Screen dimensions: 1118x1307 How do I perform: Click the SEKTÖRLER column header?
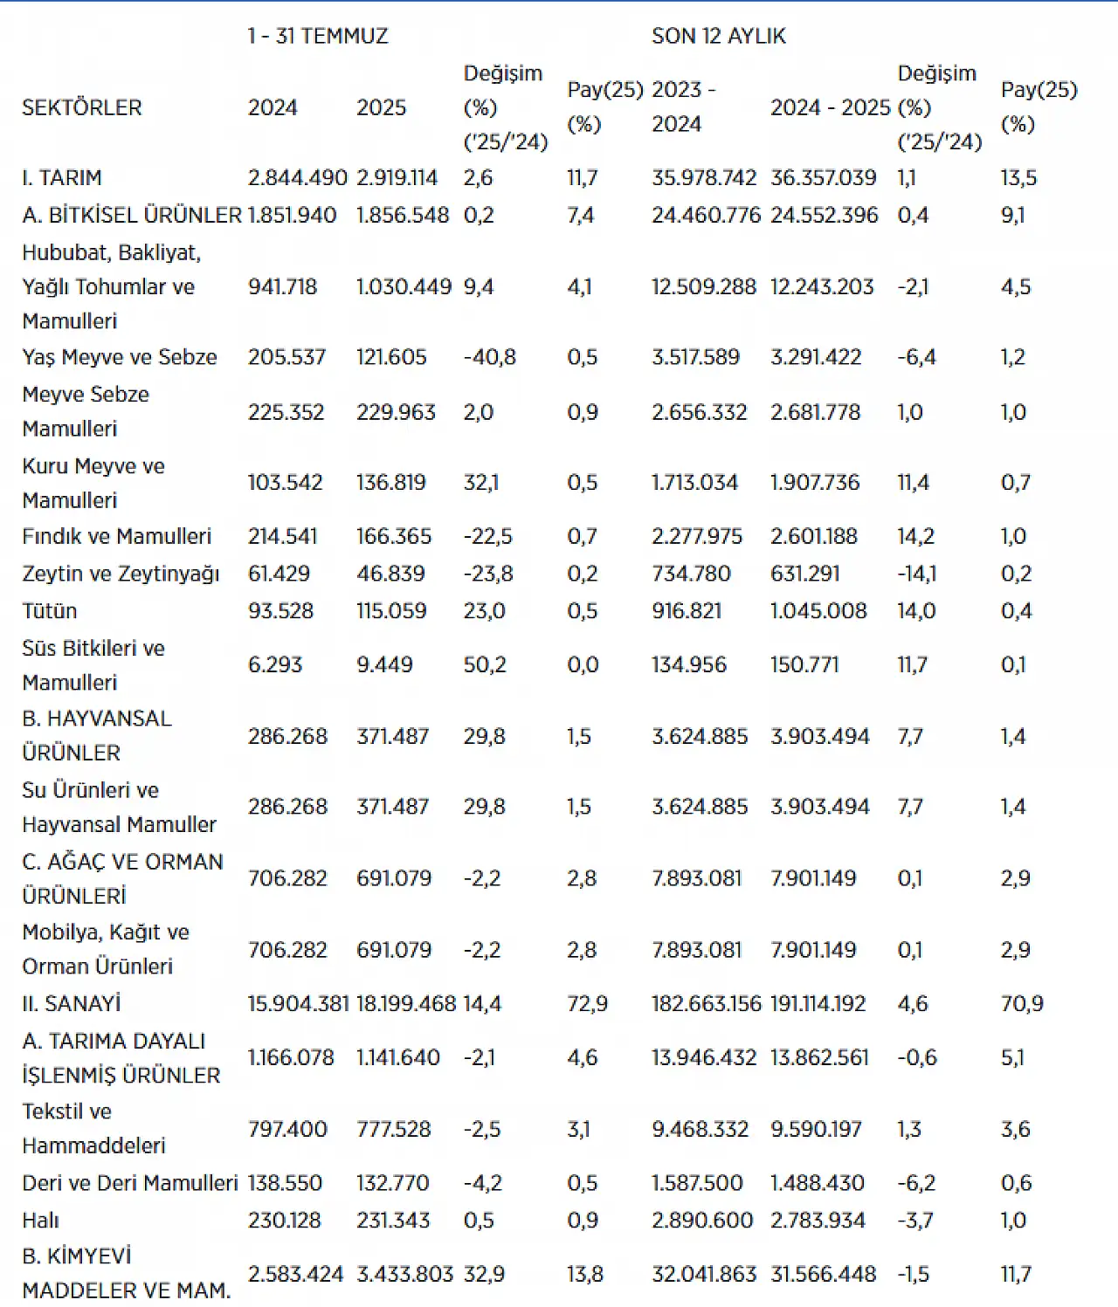(x=81, y=107)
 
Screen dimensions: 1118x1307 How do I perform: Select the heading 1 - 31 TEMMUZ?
(x=318, y=36)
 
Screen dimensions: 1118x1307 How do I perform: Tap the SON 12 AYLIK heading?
(x=719, y=36)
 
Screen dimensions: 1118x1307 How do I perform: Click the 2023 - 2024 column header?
(x=683, y=107)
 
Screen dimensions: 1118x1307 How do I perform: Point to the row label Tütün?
(x=50, y=610)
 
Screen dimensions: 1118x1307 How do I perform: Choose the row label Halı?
(x=40, y=1220)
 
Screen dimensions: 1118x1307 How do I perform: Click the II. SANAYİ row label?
(x=71, y=1003)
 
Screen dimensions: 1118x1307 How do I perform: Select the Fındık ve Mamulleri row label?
(x=116, y=536)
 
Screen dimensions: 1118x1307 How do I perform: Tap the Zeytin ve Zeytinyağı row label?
(x=121, y=574)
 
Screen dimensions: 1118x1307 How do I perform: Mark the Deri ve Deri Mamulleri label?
(x=130, y=1182)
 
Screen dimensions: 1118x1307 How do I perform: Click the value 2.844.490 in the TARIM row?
(x=297, y=178)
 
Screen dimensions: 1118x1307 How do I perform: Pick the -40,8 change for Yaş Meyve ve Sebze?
(x=490, y=357)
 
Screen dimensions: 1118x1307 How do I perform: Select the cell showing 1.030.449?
(x=404, y=287)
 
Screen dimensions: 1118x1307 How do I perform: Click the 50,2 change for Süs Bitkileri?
(x=485, y=664)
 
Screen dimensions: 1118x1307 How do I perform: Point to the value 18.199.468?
(x=405, y=1003)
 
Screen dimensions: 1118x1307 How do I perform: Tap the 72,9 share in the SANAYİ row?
(x=587, y=1003)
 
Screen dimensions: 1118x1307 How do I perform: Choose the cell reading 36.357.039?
(x=823, y=178)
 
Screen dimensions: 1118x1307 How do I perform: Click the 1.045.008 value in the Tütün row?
(x=818, y=610)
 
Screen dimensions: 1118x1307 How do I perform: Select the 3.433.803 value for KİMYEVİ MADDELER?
(x=405, y=1274)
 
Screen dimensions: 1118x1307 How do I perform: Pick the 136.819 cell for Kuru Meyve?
(x=391, y=483)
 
